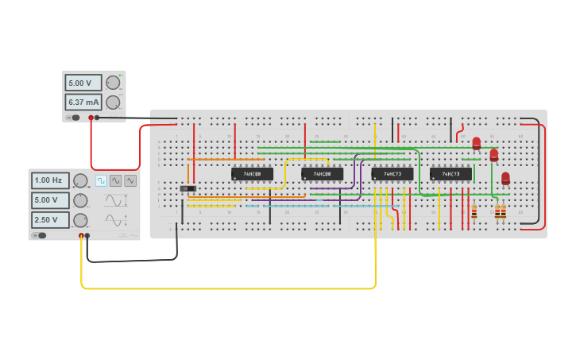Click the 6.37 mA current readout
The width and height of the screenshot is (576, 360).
click(x=83, y=102)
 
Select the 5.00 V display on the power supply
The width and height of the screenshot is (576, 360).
click(x=83, y=83)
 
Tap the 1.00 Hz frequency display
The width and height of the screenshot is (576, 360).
click(x=50, y=180)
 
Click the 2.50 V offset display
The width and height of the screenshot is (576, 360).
click(x=50, y=219)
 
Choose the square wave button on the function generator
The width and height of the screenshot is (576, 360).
click(x=101, y=180)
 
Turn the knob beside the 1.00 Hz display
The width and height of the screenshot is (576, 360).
click(x=80, y=180)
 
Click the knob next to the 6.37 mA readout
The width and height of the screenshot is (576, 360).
click(x=113, y=102)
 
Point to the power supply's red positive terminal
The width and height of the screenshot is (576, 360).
click(x=91, y=118)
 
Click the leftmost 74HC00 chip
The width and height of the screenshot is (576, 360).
click(x=252, y=173)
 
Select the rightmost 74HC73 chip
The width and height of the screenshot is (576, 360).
click(x=450, y=173)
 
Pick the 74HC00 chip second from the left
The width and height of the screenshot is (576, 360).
click(x=322, y=173)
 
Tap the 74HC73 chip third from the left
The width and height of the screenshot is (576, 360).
click(x=392, y=173)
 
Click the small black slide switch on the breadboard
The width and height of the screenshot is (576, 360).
click(x=187, y=188)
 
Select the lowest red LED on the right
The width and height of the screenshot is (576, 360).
click(x=505, y=179)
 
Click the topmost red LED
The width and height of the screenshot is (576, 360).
click(x=477, y=144)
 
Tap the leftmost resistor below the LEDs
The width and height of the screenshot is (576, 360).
click(x=474, y=211)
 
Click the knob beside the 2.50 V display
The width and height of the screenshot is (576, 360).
click(x=80, y=219)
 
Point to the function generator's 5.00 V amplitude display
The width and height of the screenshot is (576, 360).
click(x=50, y=200)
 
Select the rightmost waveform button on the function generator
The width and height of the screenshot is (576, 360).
click(x=130, y=180)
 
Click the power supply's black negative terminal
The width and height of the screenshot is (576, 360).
click(x=97, y=118)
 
